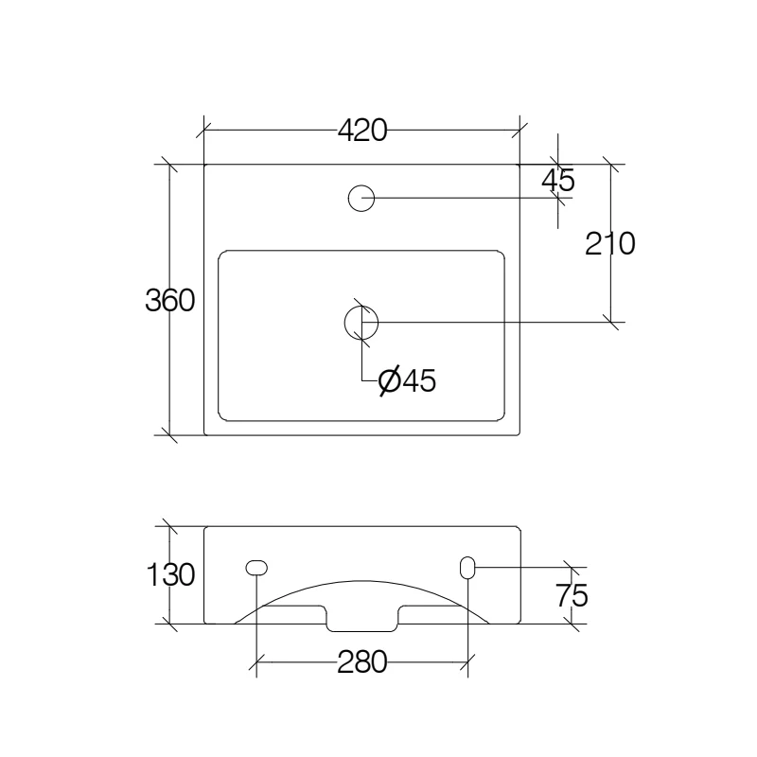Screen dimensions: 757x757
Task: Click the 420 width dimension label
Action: coord(362,131)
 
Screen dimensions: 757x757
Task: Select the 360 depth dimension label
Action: coord(170,300)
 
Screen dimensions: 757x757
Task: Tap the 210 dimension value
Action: coord(609,244)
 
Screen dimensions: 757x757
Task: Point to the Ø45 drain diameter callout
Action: coord(407,381)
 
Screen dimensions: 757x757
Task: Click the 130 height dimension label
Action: coord(170,574)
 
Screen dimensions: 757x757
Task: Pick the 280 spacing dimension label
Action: coord(362,661)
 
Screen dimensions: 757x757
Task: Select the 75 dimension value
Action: coord(572,596)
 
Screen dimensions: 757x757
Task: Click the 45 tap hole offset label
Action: coord(558,181)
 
